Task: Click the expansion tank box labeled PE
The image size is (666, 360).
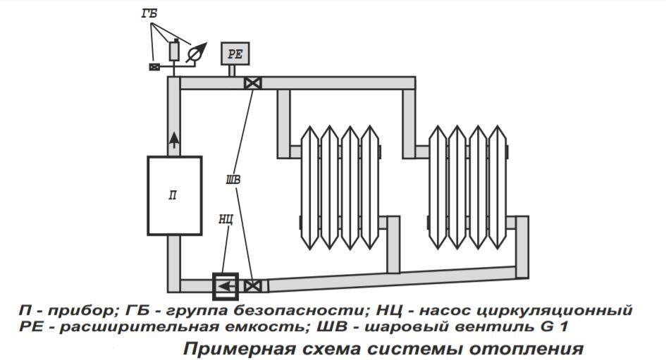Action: point(234,53)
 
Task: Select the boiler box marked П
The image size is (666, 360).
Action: point(173,195)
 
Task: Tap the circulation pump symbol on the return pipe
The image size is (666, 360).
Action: point(226,286)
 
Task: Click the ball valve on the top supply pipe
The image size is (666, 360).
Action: point(252,83)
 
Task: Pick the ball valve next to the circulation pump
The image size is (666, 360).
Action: point(252,286)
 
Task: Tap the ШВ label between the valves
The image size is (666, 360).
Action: point(233,180)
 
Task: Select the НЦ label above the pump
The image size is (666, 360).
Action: point(226,220)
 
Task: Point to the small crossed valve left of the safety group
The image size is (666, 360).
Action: point(154,67)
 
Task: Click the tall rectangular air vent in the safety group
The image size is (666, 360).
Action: point(174,51)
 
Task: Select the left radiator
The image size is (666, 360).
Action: point(340,187)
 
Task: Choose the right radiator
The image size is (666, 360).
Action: point(469,187)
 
